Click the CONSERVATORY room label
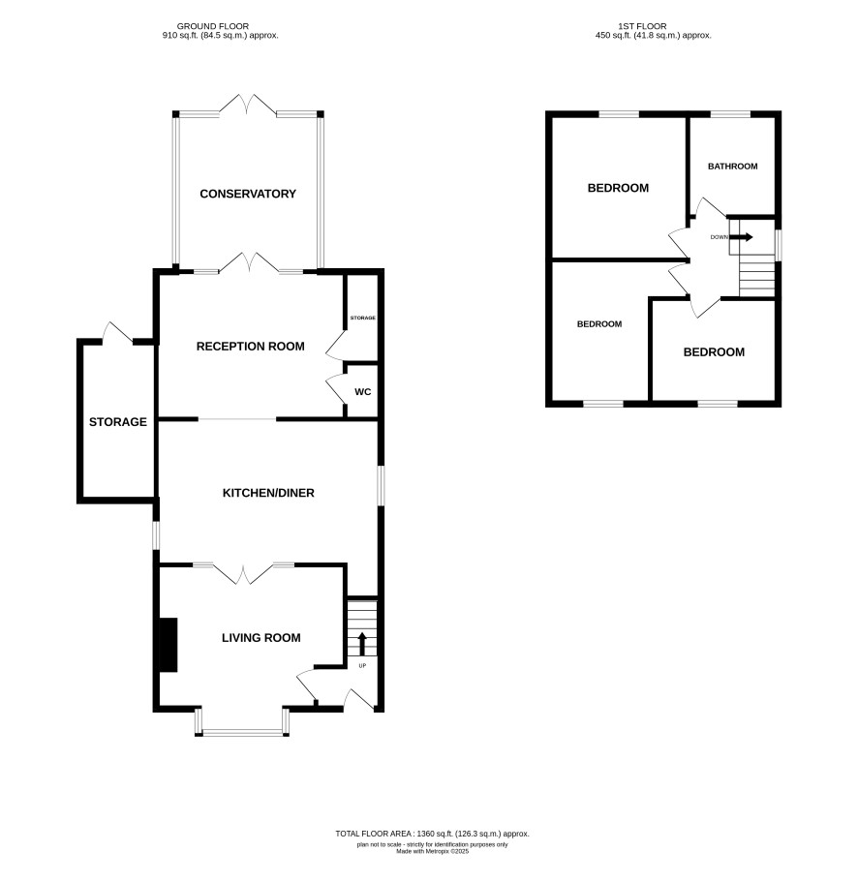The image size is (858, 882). (x=248, y=194)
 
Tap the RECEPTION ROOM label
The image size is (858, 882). (x=251, y=347)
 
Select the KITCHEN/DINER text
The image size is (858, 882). (x=268, y=493)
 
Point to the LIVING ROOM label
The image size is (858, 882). (x=261, y=638)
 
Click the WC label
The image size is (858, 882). (x=363, y=391)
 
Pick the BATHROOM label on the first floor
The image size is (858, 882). (x=732, y=166)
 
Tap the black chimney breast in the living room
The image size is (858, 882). (x=169, y=645)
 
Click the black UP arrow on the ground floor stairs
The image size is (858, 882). (x=362, y=644)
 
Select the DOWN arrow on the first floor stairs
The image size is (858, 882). (x=742, y=237)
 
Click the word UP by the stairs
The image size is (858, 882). (x=362, y=666)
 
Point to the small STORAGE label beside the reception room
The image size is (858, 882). (x=363, y=318)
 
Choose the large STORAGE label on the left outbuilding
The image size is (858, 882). (x=117, y=422)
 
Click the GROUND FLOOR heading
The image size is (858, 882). (x=213, y=26)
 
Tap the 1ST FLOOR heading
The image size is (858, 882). (x=642, y=26)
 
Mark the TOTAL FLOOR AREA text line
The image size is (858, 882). (x=432, y=834)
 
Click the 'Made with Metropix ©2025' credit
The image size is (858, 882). (x=432, y=851)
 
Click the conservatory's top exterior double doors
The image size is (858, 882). (x=248, y=105)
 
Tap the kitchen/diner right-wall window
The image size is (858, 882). (x=381, y=485)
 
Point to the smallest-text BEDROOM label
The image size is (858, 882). (x=599, y=324)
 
